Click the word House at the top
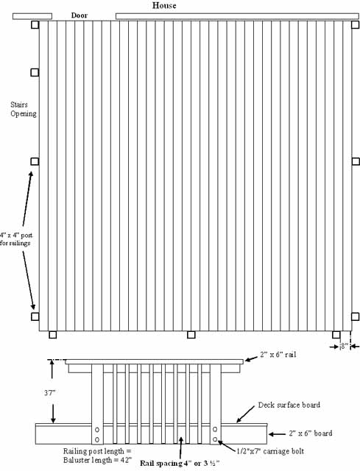[x=164, y=5]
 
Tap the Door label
[x=80, y=15]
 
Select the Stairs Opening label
[x=24, y=109]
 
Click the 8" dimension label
[x=345, y=346]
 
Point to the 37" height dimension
[x=50, y=392]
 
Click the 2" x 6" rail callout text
[x=278, y=355]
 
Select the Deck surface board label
[x=289, y=405]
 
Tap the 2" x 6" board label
[x=311, y=433]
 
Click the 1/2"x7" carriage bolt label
[x=270, y=451]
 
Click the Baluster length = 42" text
[x=98, y=460]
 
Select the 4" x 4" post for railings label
[x=16, y=239]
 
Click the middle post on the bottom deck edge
[x=191, y=335]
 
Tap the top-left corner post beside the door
[x=35, y=24]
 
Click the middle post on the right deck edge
[x=356, y=161]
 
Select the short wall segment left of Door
[x=32, y=16]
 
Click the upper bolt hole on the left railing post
[x=97, y=430]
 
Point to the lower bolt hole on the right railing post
[x=215, y=439]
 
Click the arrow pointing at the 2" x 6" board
[x=277, y=434]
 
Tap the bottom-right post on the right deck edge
[x=355, y=316]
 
